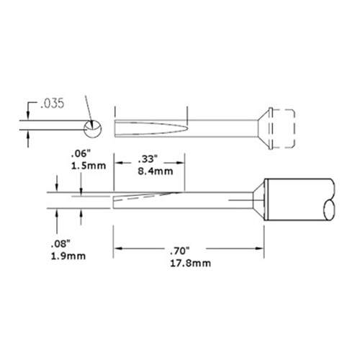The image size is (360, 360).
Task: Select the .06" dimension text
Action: click(79, 154)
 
